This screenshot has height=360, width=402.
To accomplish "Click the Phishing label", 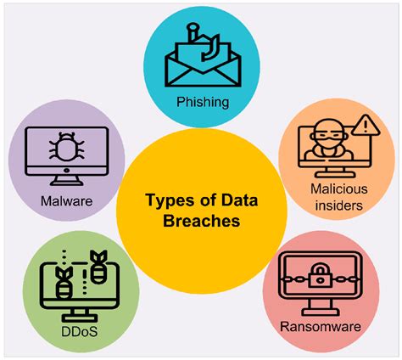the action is [x=203, y=102].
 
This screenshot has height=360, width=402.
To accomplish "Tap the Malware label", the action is [x=66, y=201].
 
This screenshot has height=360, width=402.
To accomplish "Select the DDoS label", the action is [x=80, y=332].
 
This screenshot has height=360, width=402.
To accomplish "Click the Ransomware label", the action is [x=321, y=327].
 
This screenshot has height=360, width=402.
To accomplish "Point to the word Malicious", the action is [x=339, y=188].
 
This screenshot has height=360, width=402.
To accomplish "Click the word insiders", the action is [x=339, y=205].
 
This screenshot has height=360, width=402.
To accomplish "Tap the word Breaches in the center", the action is [x=202, y=221].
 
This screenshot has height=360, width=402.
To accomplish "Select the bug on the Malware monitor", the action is [x=67, y=147].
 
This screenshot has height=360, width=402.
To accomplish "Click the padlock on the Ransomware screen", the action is [x=320, y=275].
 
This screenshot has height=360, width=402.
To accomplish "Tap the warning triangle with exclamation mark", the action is [x=366, y=125].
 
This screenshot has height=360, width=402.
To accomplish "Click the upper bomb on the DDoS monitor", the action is [x=98, y=266].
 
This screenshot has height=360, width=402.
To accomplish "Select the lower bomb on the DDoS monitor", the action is [x=64, y=283].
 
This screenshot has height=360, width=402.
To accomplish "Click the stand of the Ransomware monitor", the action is [x=320, y=307].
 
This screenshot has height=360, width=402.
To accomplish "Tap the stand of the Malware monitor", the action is [x=67, y=180].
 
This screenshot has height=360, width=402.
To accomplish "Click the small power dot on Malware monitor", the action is [x=66, y=171].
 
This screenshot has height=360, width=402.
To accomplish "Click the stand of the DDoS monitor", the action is [x=80, y=315].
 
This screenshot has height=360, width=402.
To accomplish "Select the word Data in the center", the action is [x=239, y=200].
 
